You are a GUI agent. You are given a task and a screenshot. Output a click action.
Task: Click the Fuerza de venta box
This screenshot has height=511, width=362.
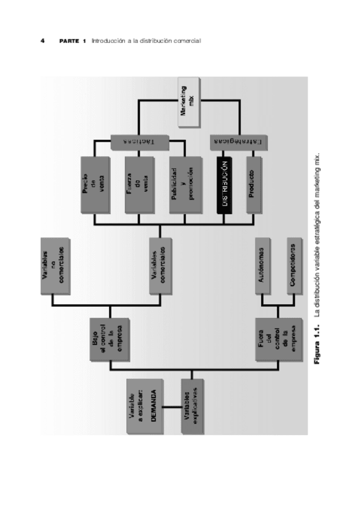[138, 186]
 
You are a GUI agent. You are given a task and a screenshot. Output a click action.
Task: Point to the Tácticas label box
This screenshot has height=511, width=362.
[139, 141]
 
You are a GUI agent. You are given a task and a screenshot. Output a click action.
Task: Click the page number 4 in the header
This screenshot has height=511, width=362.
[42, 41]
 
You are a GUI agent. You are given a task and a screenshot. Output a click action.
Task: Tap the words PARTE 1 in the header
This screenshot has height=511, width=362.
[73, 41]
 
